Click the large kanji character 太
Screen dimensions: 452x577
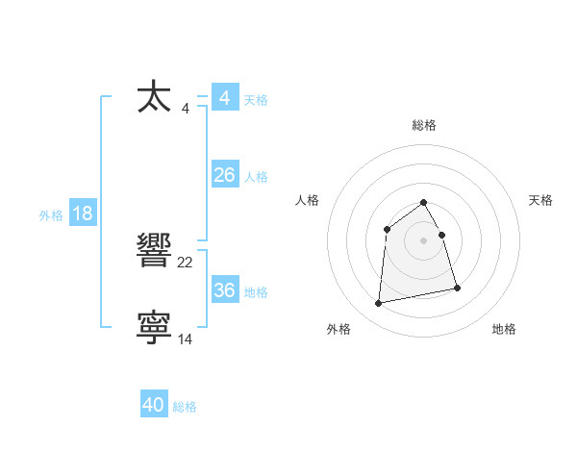[x=154, y=97]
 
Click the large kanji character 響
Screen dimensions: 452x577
[x=154, y=251]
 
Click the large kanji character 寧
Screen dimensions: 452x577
[x=154, y=328]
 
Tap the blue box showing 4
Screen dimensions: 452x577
[x=224, y=98]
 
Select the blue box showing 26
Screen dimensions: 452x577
[x=224, y=175]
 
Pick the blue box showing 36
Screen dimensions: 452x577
[x=224, y=290]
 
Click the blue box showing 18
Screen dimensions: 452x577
[x=83, y=213]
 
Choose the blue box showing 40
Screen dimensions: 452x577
[x=154, y=406]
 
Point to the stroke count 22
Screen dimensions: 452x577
[x=186, y=262]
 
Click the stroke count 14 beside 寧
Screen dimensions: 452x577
[x=186, y=339]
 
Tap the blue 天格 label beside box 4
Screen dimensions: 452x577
[x=256, y=100]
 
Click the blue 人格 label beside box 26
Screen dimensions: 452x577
[x=256, y=177]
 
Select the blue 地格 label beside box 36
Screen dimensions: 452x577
[x=256, y=292]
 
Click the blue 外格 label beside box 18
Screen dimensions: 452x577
[x=51, y=215]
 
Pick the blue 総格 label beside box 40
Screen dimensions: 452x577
[x=185, y=408]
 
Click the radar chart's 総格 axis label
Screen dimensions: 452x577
[x=423, y=125]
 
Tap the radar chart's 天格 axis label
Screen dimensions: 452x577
[x=540, y=200]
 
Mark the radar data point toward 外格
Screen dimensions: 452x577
[x=379, y=304]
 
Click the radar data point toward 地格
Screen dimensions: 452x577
[x=457, y=288]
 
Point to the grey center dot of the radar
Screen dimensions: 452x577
[x=423, y=240]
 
